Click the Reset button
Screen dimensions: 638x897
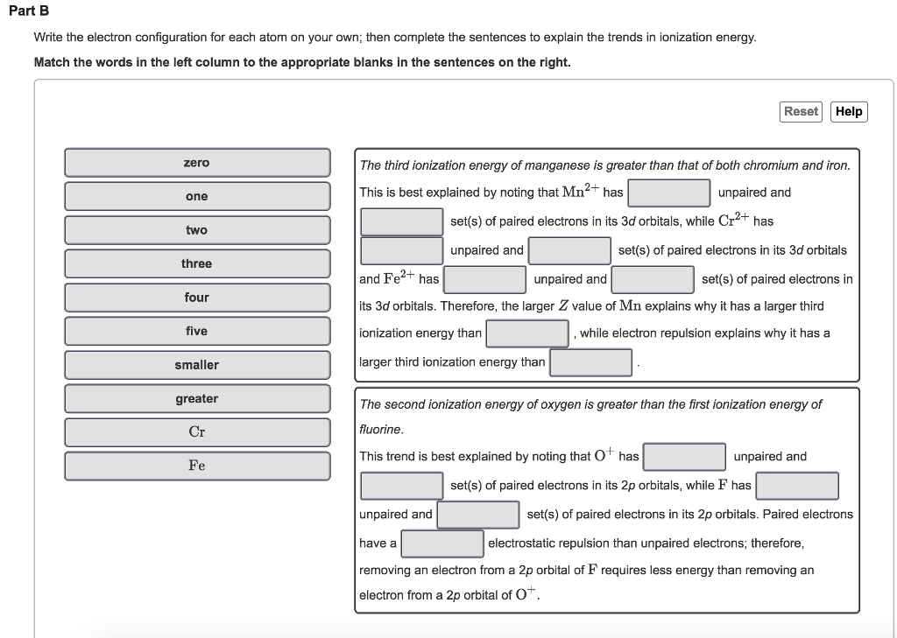tap(801, 111)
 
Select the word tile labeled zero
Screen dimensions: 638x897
tap(197, 163)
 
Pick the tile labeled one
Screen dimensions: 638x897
tap(197, 196)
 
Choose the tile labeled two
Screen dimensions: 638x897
tap(197, 230)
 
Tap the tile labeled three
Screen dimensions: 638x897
tap(197, 263)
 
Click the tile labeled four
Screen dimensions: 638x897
tap(197, 298)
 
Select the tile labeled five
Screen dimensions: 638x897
tap(197, 331)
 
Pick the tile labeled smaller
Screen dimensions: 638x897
tap(197, 365)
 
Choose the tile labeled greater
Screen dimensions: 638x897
tap(197, 398)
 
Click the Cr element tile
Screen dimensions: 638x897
tap(197, 432)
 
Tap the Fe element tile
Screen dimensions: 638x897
tap(197, 466)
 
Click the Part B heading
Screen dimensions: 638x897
tap(30, 11)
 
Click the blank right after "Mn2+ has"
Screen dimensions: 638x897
tap(668, 193)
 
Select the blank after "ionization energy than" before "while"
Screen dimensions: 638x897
tap(527, 333)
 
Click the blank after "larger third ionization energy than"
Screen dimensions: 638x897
tap(590, 362)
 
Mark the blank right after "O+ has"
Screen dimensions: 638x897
tap(684, 457)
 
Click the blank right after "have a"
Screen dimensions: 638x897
tap(442, 543)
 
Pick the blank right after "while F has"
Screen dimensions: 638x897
tap(797, 486)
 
